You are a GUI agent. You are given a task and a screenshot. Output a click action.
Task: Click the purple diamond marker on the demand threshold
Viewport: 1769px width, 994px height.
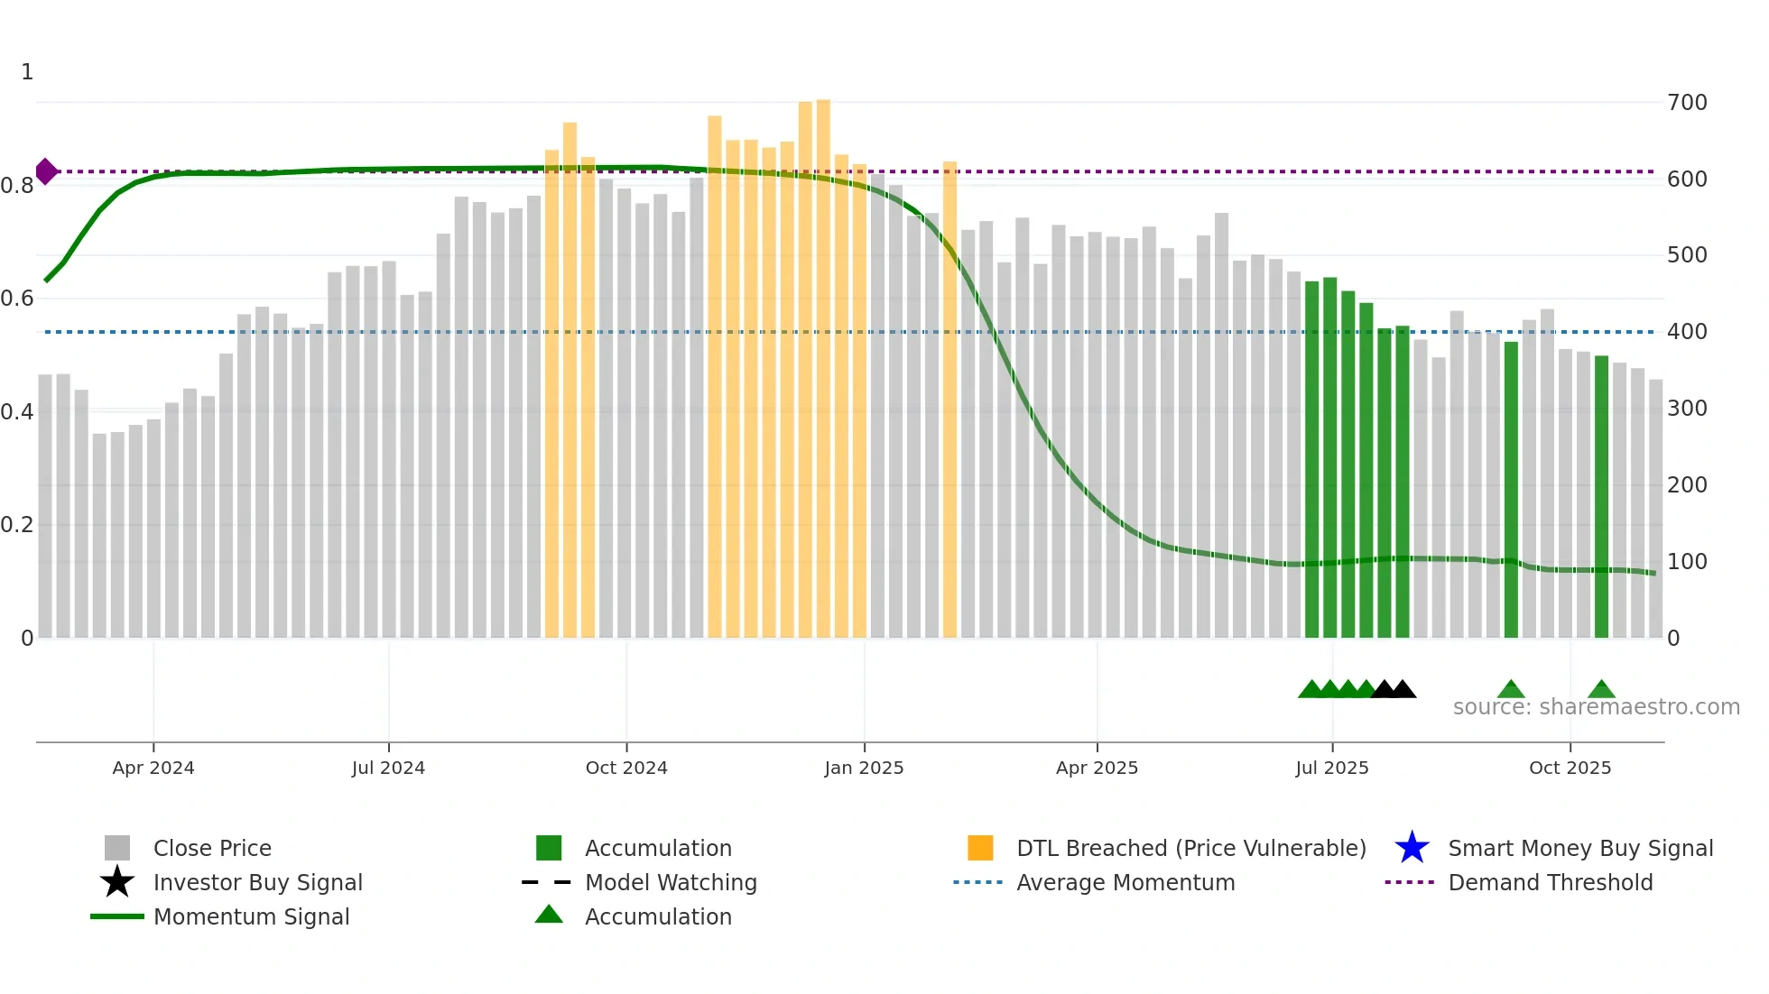pyautogui.click(x=46, y=171)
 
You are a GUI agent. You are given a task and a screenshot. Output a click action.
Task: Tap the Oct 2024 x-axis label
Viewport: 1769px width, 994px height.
pyautogui.click(x=626, y=768)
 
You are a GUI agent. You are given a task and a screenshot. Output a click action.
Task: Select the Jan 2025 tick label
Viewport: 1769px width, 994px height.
pyautogui.click(x=864, y=768)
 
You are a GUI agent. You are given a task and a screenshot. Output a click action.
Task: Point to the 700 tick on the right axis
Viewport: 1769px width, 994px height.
pyautogui.click(x=1687, y=103)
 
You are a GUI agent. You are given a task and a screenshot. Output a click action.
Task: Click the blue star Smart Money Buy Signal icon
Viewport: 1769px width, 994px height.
pyautogui.click(x=1412, y=848)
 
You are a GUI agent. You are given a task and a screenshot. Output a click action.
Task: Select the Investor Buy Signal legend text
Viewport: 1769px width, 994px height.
pyautogui.click(x=258, y=882)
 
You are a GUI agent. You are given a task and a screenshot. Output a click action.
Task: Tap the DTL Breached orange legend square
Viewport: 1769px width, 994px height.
pyautogui.click(x=980, y=848)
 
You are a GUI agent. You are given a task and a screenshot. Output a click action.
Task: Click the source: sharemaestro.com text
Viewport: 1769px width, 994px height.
pyautogui.click(x=1596, y=707)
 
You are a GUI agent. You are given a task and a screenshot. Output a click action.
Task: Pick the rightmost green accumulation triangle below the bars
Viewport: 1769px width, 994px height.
pyautogui.click(x=1601, y=690)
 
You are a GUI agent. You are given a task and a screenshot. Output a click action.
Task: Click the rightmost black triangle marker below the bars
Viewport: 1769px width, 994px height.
pyautogui.click(x=1403, y=690)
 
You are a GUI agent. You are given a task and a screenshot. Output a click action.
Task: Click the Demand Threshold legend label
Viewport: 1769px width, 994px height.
pyautogui.click(x=1550, y=882)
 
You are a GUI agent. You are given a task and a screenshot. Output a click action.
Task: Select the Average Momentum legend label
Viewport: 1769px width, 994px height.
pyautogui.click(x=1125, y=882)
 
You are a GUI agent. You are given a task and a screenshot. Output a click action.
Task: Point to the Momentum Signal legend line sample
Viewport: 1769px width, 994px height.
pyautogui.click(x=117, y=916)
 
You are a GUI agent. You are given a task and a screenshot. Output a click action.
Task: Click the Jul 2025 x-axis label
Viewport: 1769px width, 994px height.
pyautogui.click(x=1332, y=768)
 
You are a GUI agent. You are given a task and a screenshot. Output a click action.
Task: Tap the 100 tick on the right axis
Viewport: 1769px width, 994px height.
pyautogui.click(x=1687, y=562)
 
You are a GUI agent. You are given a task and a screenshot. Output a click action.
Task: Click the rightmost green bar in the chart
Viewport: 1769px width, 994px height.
pyautogui.click(x=1601, y=496)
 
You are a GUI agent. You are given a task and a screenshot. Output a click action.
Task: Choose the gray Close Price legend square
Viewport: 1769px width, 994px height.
pyautogui.click(x=117, y=848)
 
